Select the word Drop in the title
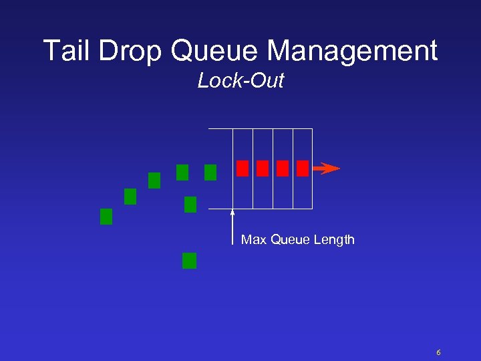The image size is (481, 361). coord(138,51)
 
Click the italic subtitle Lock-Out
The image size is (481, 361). coord(240,81)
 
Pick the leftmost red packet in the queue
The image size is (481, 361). coord(243,168)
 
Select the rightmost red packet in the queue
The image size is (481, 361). coord(303,168)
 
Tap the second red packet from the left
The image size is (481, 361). coord(263,168)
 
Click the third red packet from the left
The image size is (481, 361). coord(283,168)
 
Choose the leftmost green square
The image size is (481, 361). coord(106,217)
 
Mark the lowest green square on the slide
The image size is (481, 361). coord(190,261)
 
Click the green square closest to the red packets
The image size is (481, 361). coord(210,172)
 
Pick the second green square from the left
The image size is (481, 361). coord(130,197)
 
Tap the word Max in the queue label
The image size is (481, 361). coord(254,239)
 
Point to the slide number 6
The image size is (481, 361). coord(438,352)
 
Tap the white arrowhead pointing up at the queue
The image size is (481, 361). coord(232,213)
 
